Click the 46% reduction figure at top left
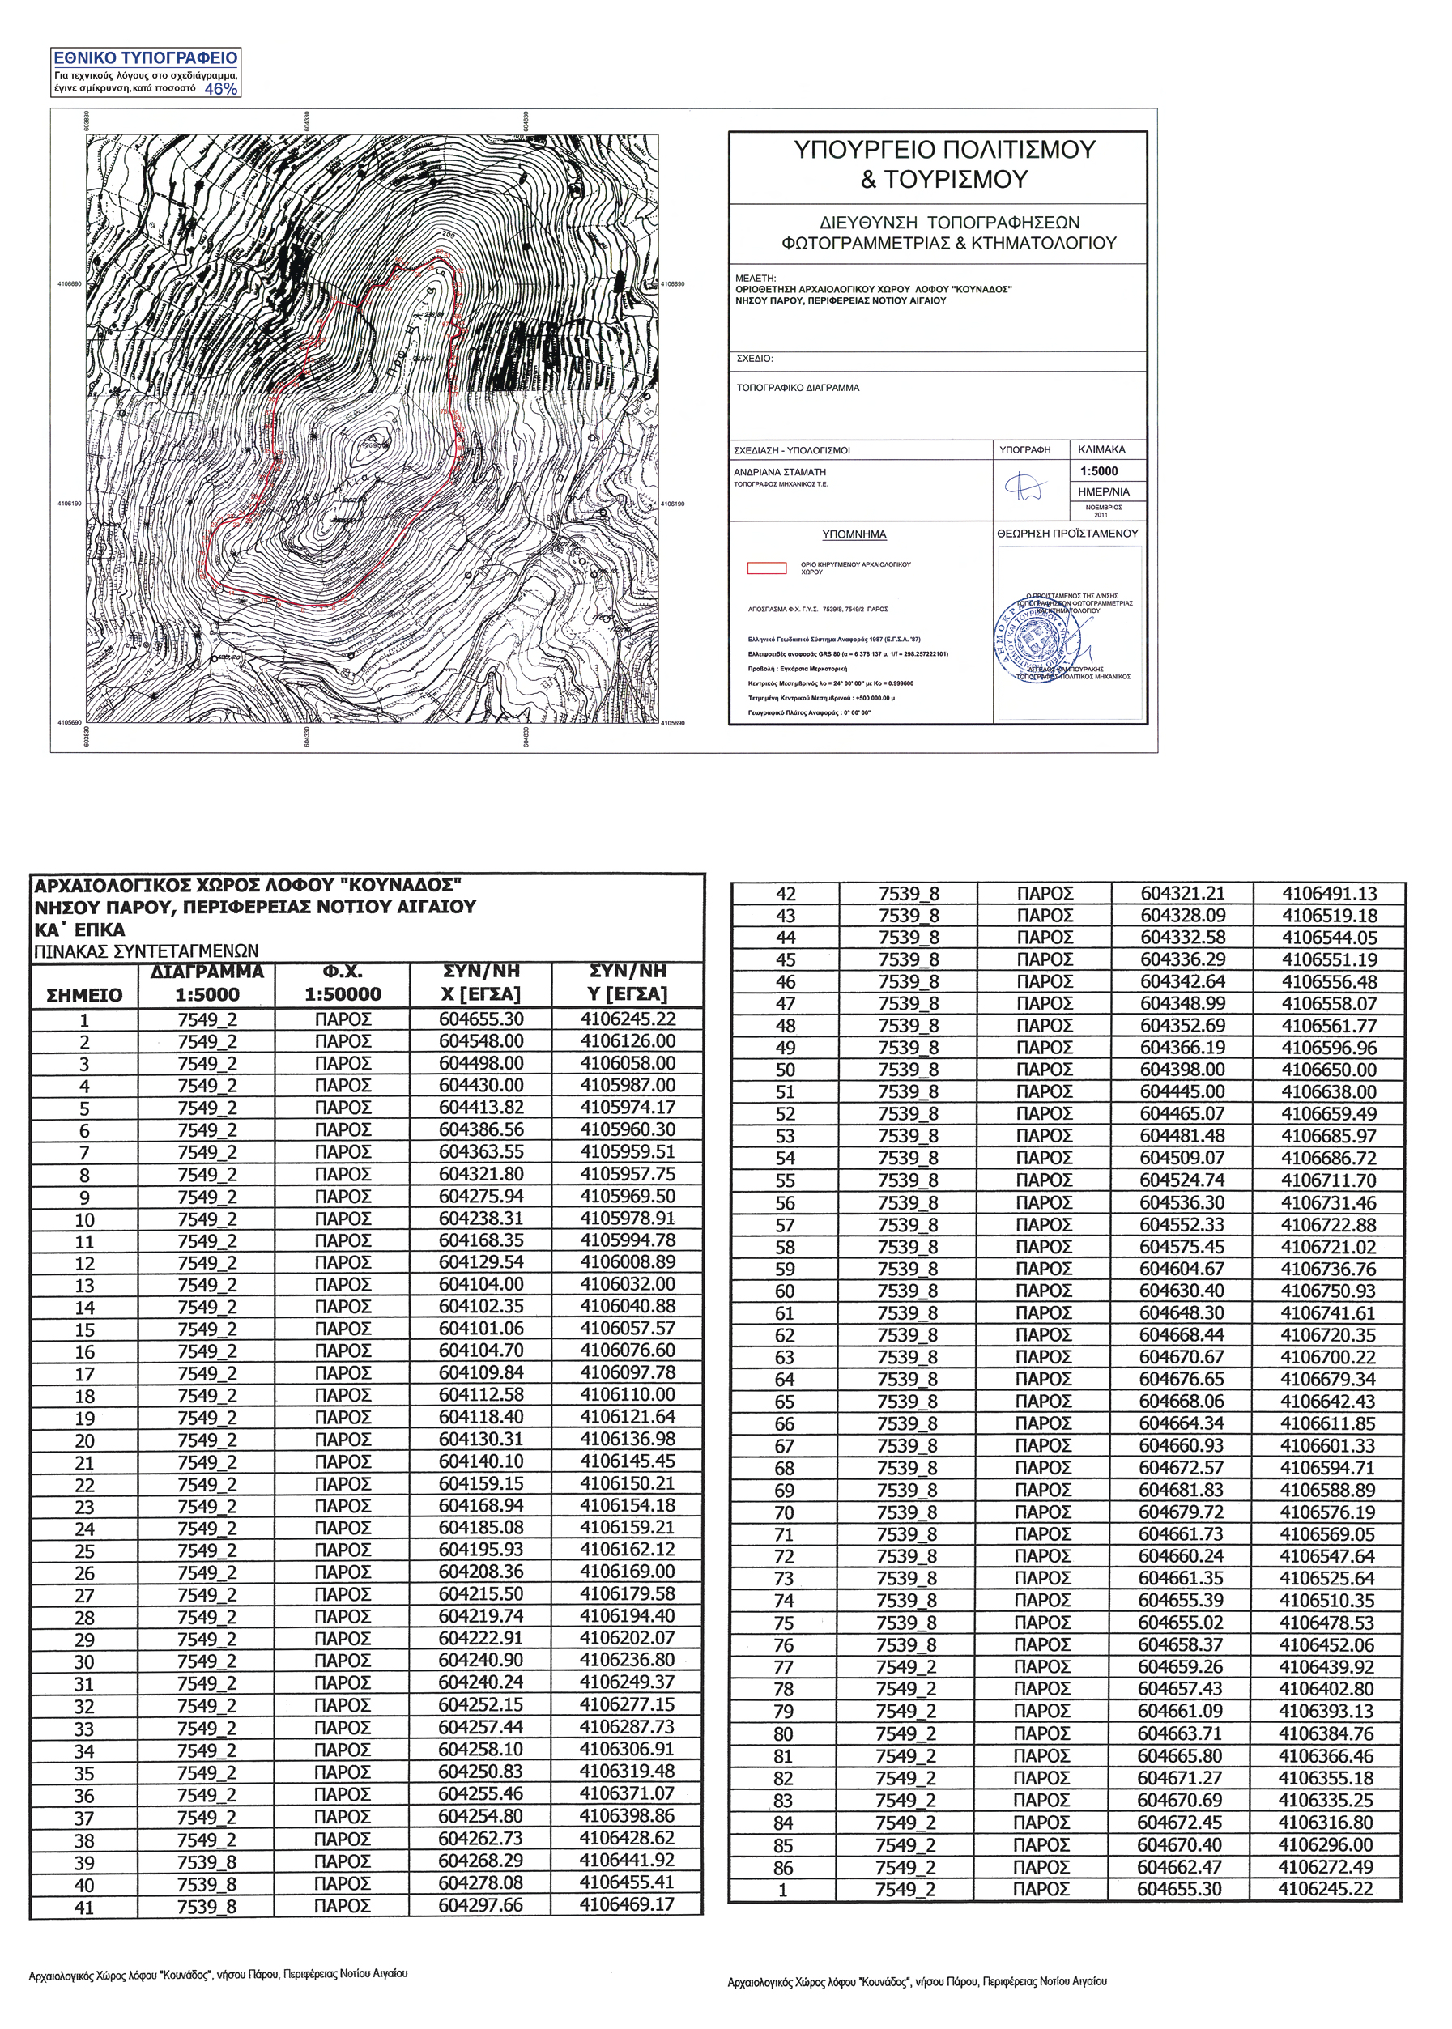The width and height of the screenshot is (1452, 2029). point(221,89)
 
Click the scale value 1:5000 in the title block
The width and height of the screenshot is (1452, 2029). point(1099,471)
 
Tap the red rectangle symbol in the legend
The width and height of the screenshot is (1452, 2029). point(766,568)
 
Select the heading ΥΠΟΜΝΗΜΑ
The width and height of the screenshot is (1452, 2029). point(854,534)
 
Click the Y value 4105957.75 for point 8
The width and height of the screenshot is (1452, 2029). point(627,1175)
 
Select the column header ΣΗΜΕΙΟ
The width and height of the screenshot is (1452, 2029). point(85,995)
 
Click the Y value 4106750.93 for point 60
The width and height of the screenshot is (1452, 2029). point(1329,1291)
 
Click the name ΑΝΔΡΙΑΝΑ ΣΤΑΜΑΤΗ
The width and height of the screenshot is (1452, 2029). point(780,471)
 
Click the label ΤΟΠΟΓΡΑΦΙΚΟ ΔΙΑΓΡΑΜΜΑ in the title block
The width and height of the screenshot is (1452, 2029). point(798,388)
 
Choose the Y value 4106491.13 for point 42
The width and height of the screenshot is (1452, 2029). point(1329,894)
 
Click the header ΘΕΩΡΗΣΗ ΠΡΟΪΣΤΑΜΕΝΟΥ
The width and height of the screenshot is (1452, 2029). point(1068,533)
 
